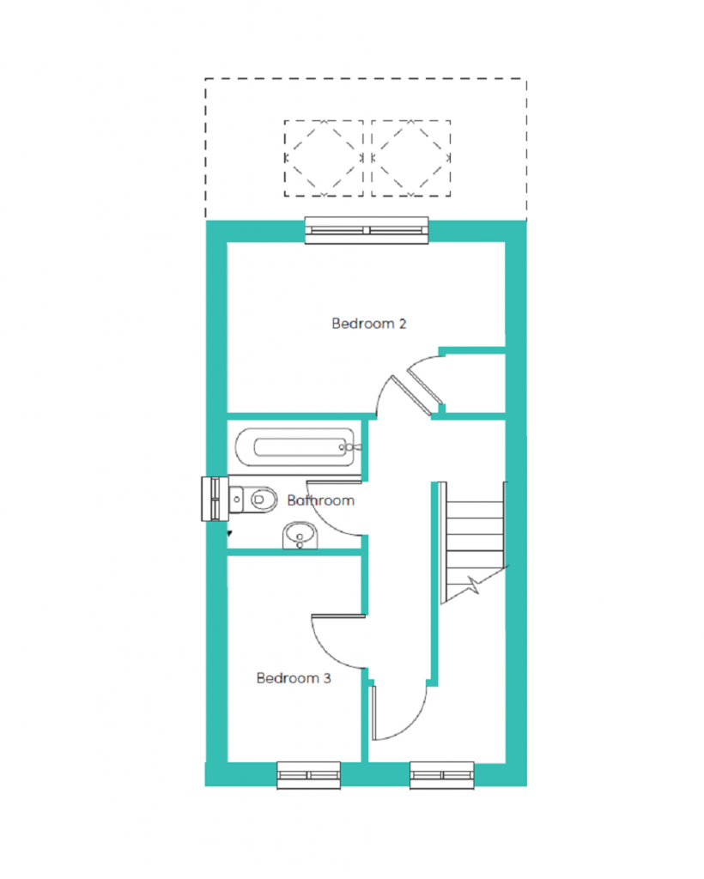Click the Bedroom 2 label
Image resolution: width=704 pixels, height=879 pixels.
[x=369, y=324]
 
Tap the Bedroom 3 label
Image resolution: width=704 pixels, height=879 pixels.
[x=294, y=678]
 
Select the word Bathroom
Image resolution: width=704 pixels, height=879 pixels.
[x=320, y=500]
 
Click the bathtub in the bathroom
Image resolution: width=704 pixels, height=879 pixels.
[x=296, y=447]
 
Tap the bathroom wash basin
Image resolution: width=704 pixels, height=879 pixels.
[x=300, y=536]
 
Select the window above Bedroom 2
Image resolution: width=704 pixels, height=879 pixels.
[x=367, y=230]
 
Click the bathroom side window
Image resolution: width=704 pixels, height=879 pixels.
[x=215, y=499]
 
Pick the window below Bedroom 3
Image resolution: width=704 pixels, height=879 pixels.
[x=309, y=775]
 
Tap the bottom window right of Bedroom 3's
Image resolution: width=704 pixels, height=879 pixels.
[x=441, y=775]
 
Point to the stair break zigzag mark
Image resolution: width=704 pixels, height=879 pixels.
[x=474, y=585]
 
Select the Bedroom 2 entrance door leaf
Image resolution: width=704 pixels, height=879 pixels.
[x=411, y=395]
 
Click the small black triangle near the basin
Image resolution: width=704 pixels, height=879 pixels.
[x=229, y=534]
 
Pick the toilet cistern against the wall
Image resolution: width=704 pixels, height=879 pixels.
[x=236, y=499]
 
